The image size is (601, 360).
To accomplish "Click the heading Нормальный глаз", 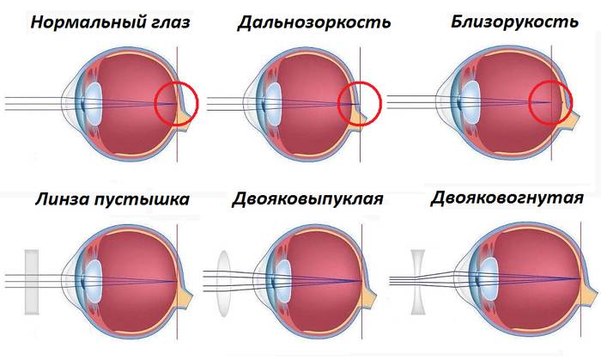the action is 110,22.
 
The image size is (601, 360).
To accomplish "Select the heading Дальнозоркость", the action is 314,22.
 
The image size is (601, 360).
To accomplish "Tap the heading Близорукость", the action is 514,21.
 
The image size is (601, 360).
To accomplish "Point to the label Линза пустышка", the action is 112,199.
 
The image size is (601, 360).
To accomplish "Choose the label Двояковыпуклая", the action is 307,199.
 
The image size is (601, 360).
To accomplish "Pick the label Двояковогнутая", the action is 507,198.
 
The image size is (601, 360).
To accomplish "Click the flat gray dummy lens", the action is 32,282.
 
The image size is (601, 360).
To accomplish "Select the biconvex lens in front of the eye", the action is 225,284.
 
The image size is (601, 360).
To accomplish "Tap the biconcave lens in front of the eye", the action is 418,282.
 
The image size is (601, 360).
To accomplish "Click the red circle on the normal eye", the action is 176,103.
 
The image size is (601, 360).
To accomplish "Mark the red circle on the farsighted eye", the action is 360,103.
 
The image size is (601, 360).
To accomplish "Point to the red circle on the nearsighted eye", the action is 550,102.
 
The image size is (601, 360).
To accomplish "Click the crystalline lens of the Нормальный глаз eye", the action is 93,103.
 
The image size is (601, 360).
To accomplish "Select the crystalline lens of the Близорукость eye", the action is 470,102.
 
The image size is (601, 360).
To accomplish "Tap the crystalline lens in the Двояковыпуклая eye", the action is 282,280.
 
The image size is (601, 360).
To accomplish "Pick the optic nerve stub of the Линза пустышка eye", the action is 185,296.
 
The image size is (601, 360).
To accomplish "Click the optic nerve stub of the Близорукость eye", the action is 569,118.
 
